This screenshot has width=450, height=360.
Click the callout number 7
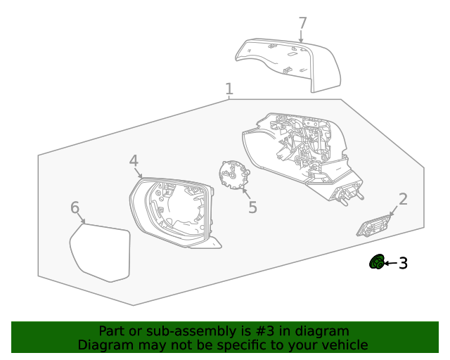tap(303, 23)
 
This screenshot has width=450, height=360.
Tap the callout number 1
tap(229, 89)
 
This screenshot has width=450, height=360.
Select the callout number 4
tap(134, 160)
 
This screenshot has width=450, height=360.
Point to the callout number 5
tap(252, 207)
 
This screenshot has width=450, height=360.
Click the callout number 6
tap(75, 207)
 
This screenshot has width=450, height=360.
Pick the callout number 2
tap(403, 199)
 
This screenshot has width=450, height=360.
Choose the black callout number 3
tap(403, 263)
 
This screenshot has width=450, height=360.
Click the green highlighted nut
tap(377, 262)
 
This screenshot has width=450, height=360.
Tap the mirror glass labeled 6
tap(100, 252)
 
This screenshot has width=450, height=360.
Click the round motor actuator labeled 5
tap(234, 175)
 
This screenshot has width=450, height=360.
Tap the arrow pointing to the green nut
tap(391, 263)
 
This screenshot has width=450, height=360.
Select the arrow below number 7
tap(301, 37)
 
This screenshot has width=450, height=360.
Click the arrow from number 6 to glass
tap(81, 218)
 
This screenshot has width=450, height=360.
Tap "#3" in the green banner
tap(264, 331)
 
